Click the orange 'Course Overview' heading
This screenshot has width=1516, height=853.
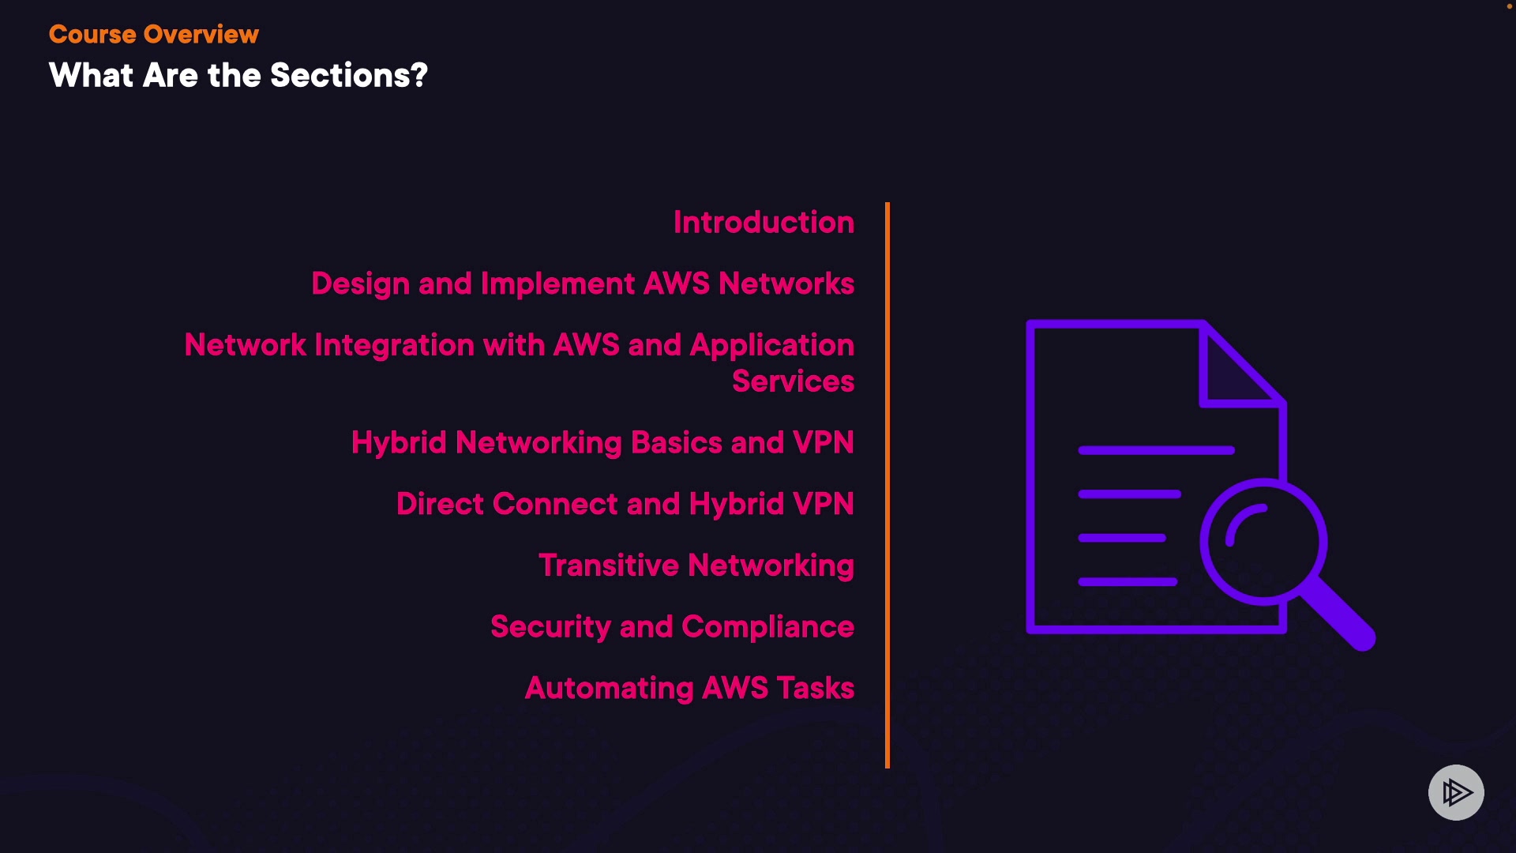click(154, 35)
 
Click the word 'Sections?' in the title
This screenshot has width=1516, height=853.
click(349, 76)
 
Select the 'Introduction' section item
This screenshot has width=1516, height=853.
click(764, 223)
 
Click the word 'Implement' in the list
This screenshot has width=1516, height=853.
click(557, 284)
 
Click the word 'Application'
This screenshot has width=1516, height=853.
click(772, 346)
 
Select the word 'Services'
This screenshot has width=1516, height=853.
click(793, 381)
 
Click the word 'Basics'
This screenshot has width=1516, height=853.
click(677, 443)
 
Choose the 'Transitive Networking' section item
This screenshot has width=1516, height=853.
click(696, 566)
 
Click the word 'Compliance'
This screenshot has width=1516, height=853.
click(767, 627)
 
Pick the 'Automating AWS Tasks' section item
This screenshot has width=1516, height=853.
click(689, 689)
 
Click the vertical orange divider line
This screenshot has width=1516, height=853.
click(887, 485)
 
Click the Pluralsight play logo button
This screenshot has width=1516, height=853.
click(1456, 792)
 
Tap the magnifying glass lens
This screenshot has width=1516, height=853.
click(1263, 542)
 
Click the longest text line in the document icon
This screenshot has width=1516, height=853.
click(1156, 450)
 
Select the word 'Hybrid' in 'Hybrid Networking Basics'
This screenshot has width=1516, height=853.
click(399, 443)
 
